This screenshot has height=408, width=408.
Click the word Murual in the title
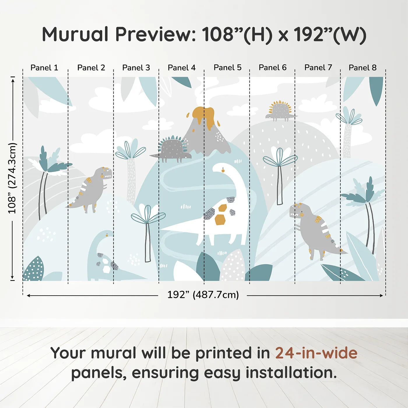click(x=75, y=34)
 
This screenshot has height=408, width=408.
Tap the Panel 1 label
click(x=44, y=68)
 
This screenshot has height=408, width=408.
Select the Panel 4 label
click(x=182, y=68)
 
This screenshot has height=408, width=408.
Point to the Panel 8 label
click(x=363, y=68)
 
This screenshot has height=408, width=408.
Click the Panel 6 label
click(x=272, y=68)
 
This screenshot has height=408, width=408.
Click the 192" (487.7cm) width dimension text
click(x=203, y=295)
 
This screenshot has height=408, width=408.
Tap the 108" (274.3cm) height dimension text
click(x=13, y=178)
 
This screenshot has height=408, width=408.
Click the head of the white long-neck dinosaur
click(x=221, y=168)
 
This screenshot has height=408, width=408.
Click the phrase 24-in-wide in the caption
click(x=316, y=353)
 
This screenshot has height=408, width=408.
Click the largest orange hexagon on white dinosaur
click(x=220, y=220)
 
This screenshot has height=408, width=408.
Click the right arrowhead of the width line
click(x=381, y=296)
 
